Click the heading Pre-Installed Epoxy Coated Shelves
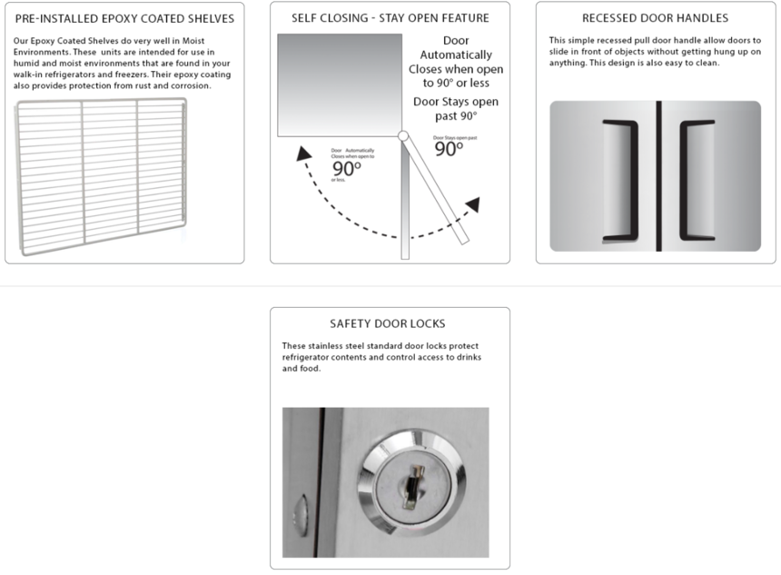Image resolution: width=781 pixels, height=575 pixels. (x=124, y=18)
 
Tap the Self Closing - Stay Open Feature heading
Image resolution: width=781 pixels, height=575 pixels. (x=390, y=18)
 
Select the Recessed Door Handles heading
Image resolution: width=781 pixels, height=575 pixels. (x=655, y=18)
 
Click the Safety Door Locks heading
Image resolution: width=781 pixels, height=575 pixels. (x=388, y=323)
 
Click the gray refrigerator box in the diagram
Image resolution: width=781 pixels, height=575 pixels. (x=339, y=84)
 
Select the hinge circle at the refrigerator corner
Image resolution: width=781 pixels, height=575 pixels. (x=402, y=136)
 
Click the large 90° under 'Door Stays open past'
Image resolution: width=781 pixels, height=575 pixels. (x=449, y=149)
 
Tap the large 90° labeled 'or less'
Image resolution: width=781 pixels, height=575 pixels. (x=347, y=169)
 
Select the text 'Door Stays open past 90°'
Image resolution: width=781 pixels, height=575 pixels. (x=455, y=109)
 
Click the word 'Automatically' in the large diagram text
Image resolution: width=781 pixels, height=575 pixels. (x=456, y=55)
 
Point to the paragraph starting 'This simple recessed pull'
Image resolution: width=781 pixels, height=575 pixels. (x=654, y=52)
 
